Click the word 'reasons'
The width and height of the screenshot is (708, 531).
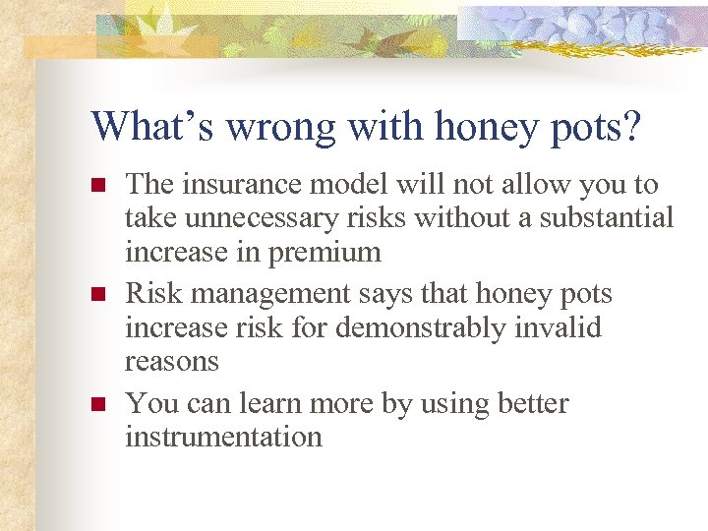(x=171, y=361)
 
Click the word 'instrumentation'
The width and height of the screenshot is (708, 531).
(x=223, y=437)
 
